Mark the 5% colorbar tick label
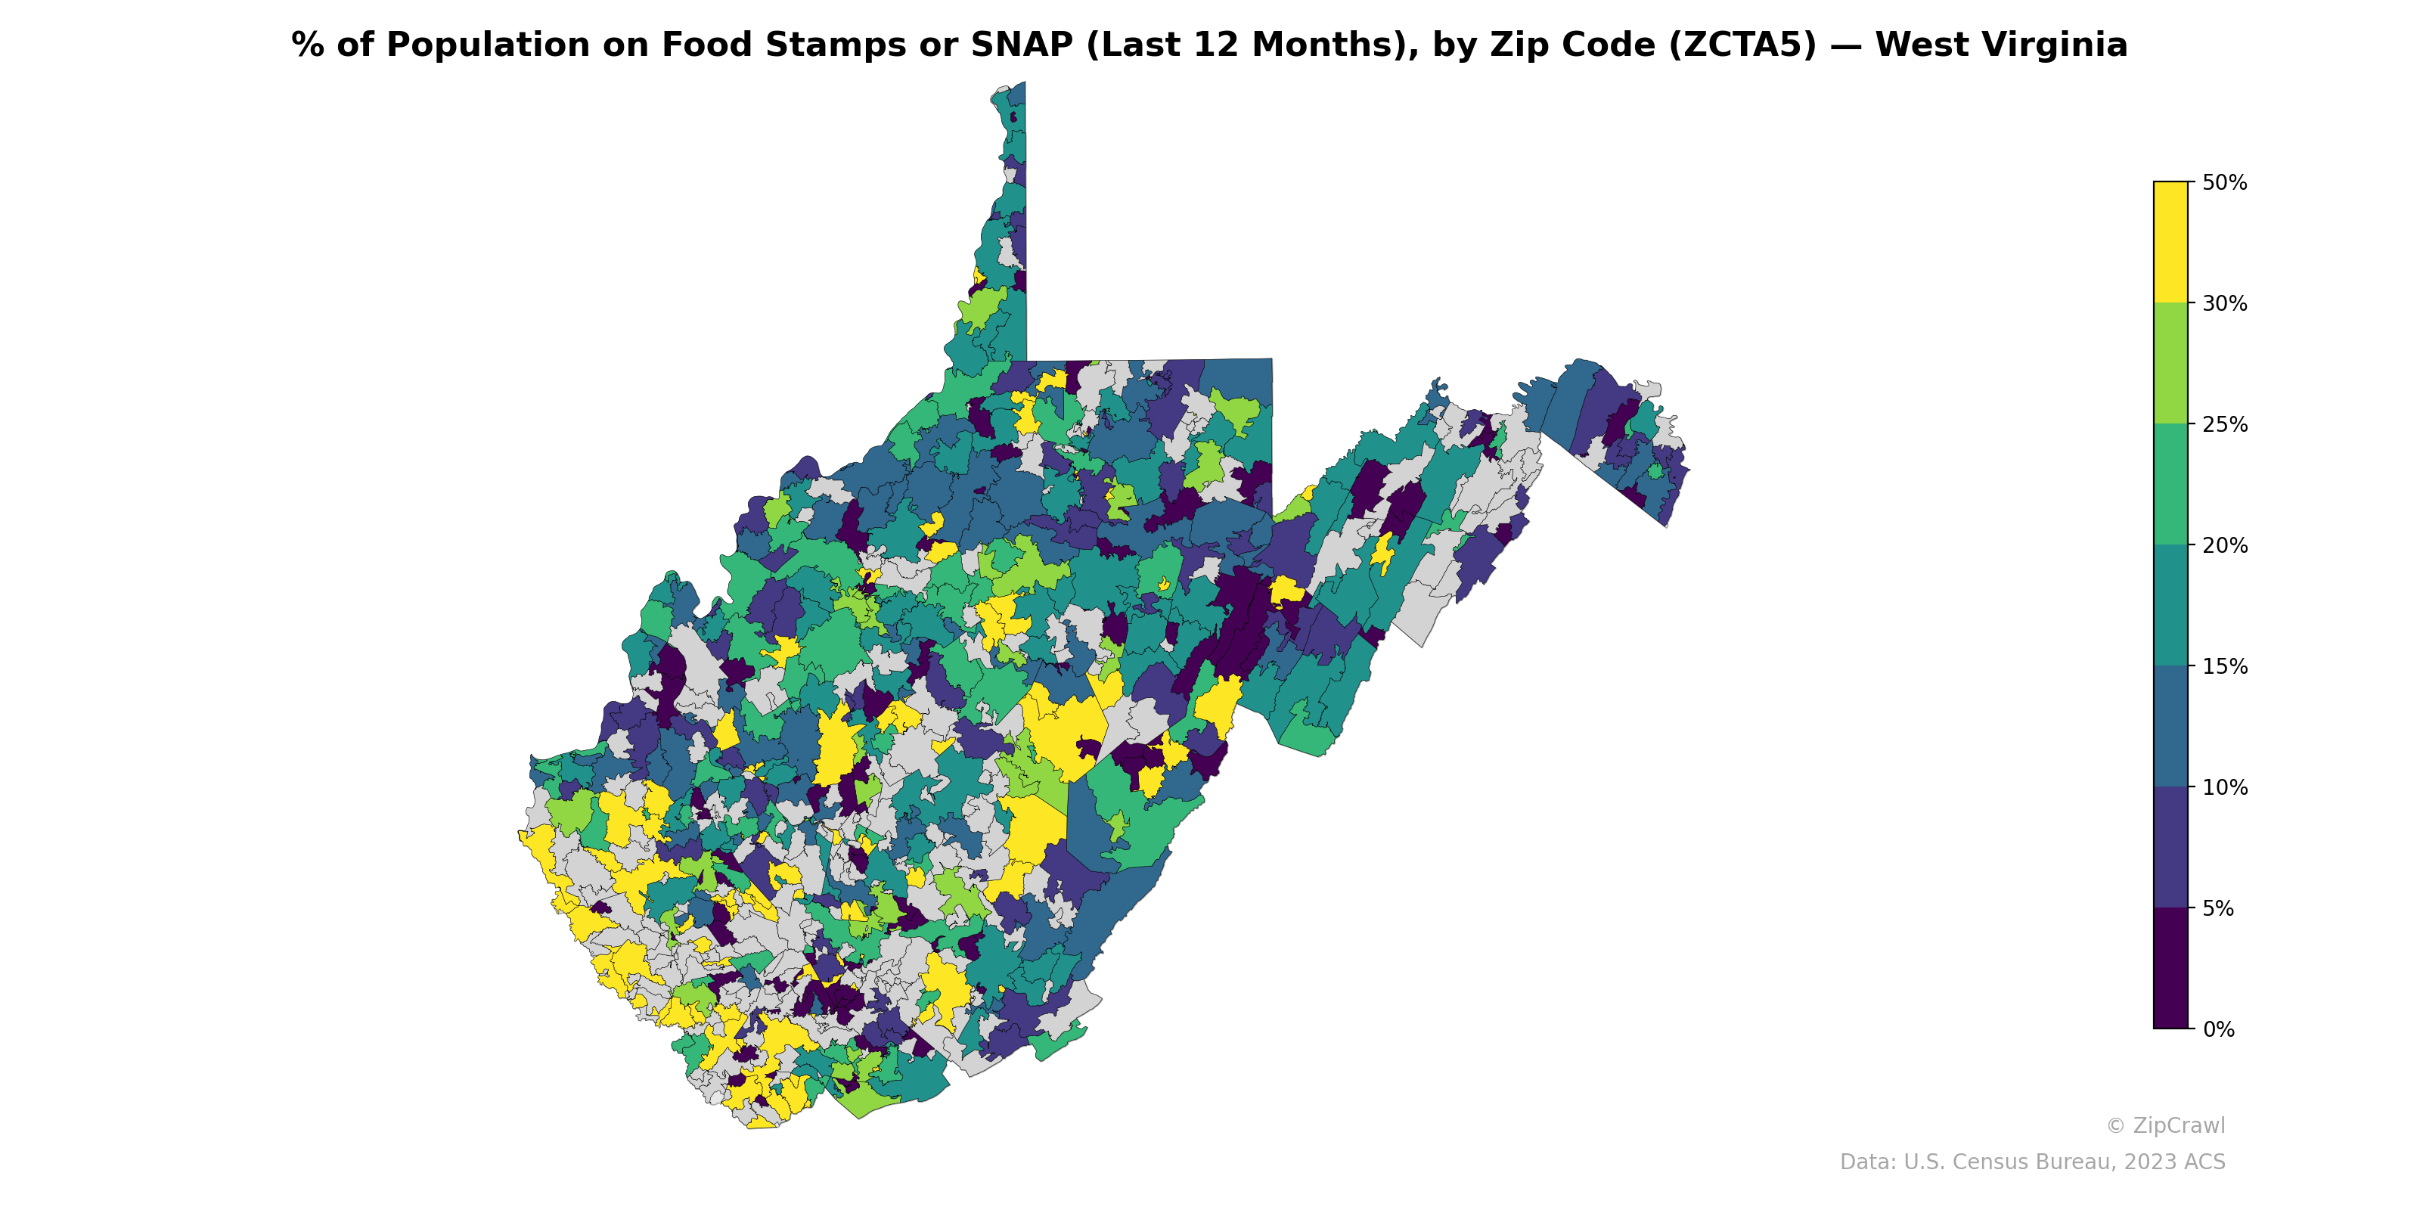[x=2218, y=908]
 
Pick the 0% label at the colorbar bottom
[x=2218, y=1029]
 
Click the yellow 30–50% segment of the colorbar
[x=2170, y=242]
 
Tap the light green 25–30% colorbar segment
[x=2170, y=364]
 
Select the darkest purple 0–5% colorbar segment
[x=2170, y=969]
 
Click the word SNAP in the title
[x=1021, y=45]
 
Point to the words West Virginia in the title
[x=2001, y=45]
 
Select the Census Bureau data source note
[x=2032, y=1162]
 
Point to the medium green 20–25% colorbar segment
[x=2170, y=485]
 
